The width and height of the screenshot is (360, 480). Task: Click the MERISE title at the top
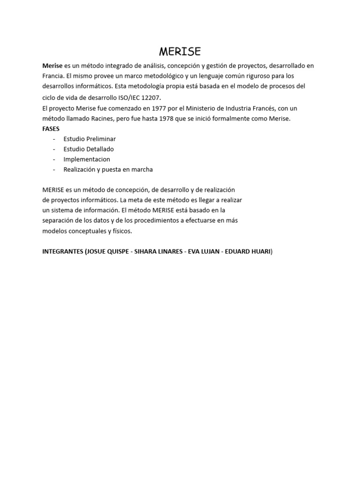pyautogui.click(x=180, y=51)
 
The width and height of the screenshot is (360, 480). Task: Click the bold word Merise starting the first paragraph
pyautogui.click(x=52, y=66)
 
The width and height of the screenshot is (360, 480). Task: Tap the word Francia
pyautogui.click(x=52, y=75)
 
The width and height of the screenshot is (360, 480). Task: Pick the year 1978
pyautogui.click(x=167, y=119)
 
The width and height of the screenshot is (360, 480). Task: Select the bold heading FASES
pyautogui.click(x=51, y=128)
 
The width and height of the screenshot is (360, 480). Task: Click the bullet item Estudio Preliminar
pyautogui.click(x=90, y=139)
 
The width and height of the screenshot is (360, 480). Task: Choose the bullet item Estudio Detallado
pyautogui.click(x=89, y=149)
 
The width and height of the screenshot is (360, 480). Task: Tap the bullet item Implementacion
pyautogui.click(x=87, y=159)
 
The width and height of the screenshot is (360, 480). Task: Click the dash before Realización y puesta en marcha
pyautogui.click(x=54, y=170)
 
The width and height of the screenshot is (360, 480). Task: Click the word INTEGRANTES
pyautogui.click(x=62, y=252)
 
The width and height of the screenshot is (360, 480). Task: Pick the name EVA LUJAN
pyautogui.click(x=204, y=252)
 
